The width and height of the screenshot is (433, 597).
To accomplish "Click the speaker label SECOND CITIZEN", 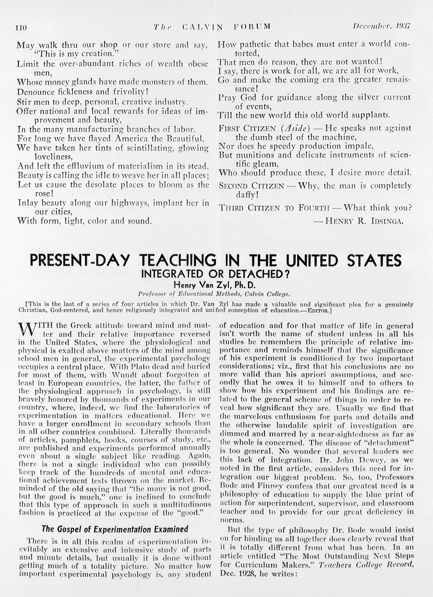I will [251, 186].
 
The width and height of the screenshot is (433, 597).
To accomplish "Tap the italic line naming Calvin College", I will [214, 293].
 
